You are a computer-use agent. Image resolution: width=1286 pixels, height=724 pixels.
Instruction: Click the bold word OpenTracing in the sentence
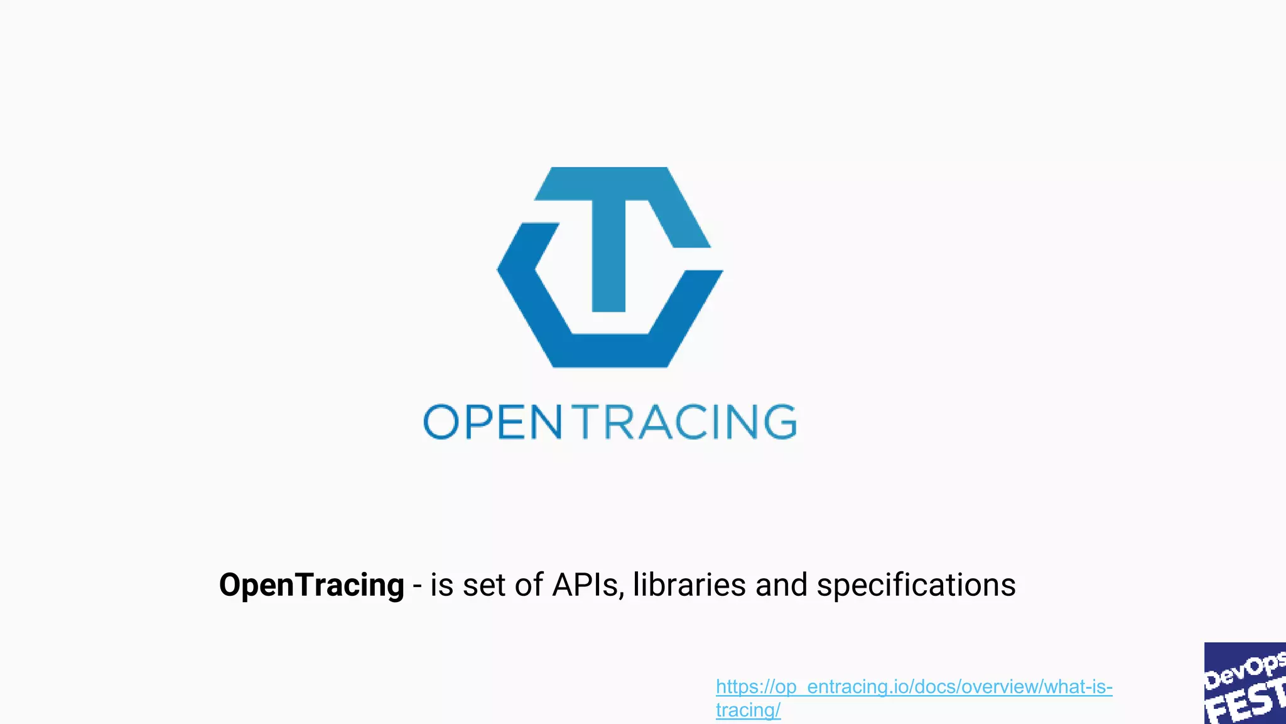311,586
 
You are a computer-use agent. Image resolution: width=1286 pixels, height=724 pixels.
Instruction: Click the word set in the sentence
484,586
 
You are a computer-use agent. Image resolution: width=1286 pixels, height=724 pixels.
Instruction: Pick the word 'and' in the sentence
781,585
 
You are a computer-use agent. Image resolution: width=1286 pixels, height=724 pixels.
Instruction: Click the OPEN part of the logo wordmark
493,422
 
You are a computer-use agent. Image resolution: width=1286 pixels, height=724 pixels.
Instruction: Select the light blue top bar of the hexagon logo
603,184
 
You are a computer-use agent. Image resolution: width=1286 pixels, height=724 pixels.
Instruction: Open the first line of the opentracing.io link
914,687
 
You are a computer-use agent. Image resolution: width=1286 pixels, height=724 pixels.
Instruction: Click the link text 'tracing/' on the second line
748,710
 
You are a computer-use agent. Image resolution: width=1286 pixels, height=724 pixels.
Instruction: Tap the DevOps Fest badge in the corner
1245,683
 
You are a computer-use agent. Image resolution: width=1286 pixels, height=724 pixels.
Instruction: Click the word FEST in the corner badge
1246,703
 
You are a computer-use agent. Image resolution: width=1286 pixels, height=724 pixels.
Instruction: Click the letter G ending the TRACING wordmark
781,422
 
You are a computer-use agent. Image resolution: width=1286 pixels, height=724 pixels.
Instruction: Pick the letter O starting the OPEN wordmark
441,422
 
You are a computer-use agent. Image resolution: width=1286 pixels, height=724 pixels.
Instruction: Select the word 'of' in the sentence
529,585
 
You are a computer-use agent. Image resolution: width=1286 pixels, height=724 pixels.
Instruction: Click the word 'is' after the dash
441,585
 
